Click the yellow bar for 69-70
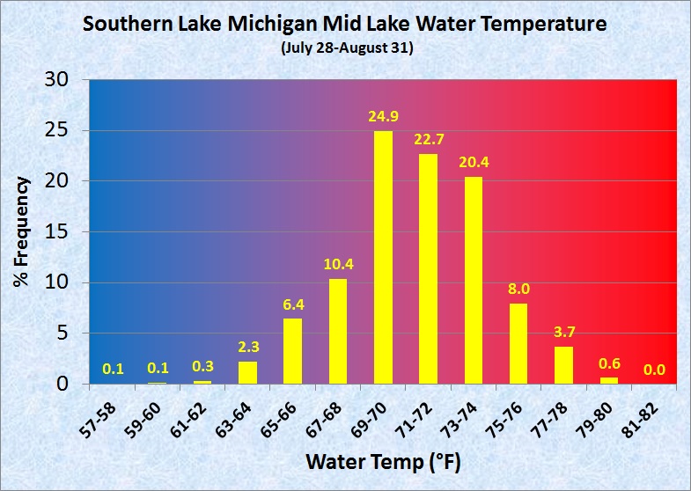pos(384,257)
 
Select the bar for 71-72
pos(429,268)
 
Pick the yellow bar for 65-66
pos(293,351)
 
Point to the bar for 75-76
pos(519,343)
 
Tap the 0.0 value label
pos(654,370)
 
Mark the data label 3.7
pos(564,333)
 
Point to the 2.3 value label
pos(248,347)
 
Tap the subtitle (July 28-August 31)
pos(346,48)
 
